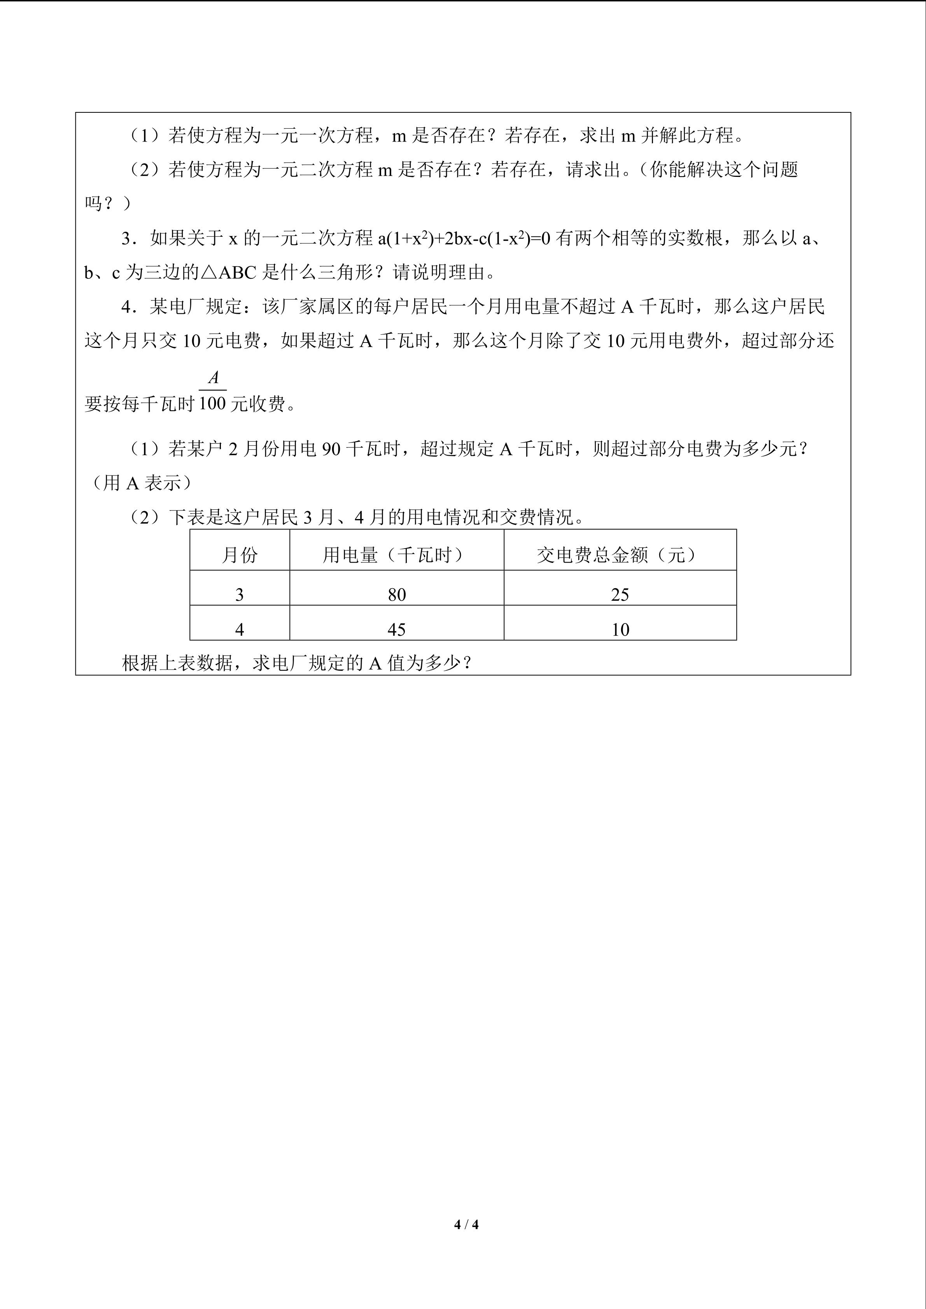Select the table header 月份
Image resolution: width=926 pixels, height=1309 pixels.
point(240,555)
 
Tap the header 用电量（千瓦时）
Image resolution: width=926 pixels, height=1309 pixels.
point(396,555)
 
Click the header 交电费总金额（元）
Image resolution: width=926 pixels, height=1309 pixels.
point(620,555)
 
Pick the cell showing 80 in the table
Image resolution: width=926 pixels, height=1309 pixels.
point(396,595)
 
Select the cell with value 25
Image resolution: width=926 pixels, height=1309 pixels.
point(620,595)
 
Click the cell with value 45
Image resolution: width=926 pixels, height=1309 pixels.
point(396,629)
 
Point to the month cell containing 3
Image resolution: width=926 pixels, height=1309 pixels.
point(240,595)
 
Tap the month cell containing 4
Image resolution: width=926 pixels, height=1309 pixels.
point(240,629)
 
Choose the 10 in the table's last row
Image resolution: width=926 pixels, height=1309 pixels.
point(620,629)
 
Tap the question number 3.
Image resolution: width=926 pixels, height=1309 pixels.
point(126,238)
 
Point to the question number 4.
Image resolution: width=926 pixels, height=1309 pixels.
point(126,307)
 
